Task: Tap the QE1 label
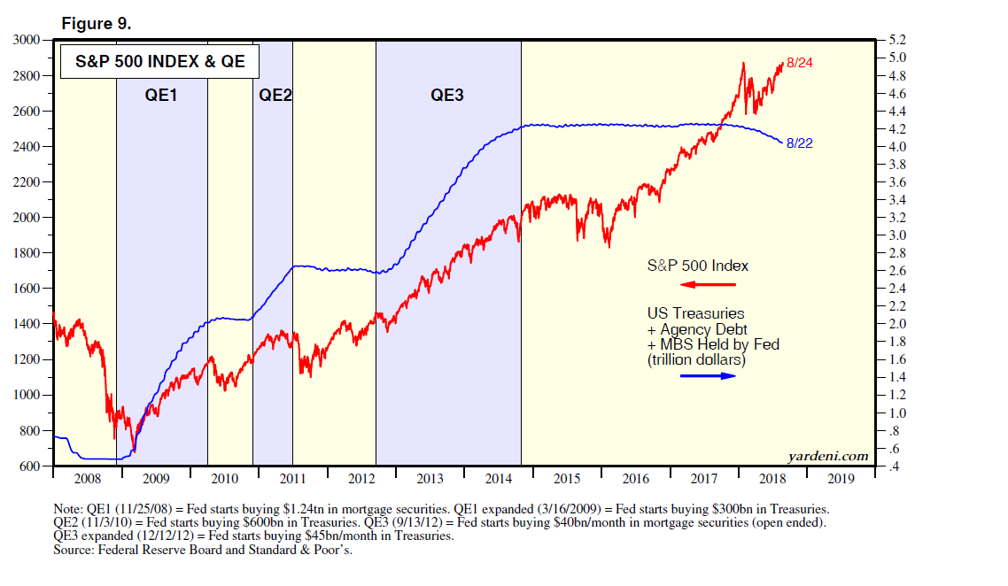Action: (x=161, y=95)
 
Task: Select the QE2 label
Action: (x=275, y=95)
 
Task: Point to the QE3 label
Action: (x=447, y=95)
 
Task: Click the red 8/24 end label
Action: (x=800, y=63)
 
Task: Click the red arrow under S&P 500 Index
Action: (x=708, y=284)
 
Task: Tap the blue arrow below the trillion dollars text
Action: (x=708, y=375)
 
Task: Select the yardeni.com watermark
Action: (x=828, y=456)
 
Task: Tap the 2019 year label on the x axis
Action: (x=841, y=479)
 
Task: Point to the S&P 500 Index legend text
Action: (x=698, y=266)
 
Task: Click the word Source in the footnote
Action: (x=74, y=550)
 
